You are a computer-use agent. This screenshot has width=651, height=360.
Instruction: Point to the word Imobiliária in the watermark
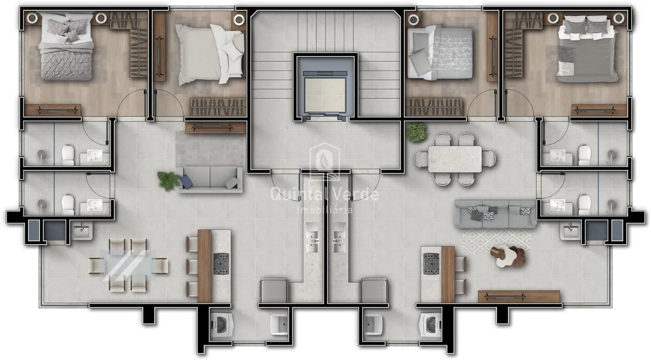[x=324, y=209]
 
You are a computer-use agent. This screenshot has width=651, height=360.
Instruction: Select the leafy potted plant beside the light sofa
[x=169, y=181]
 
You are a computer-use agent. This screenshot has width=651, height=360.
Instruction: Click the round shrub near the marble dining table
[x=417, y=132]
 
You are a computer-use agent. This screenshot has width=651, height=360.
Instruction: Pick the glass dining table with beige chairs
[x=128, y=265]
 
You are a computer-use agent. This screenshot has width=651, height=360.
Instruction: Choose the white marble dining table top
[x=455, y=159]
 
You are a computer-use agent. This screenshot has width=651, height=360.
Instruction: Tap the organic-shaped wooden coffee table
[x=508, y=257]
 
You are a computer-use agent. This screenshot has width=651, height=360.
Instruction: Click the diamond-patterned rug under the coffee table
[x=496, y=242]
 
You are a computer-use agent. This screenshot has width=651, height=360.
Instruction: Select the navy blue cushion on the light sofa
[x=186, y=182]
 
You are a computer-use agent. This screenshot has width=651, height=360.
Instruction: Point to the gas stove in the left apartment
[x=221, y=264]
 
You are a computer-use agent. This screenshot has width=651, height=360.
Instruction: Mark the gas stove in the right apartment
[x=431, y=264]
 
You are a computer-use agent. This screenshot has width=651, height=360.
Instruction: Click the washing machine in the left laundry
[x=221, y=324]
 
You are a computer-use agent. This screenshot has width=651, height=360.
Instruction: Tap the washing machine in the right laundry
[x=430, y=324]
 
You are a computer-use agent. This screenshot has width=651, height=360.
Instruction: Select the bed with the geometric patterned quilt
[x=66, y=46]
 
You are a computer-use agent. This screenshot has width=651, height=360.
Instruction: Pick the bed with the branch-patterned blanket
[x=440, y=52]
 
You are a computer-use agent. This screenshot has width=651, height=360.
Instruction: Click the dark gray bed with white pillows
[x=587, y=49]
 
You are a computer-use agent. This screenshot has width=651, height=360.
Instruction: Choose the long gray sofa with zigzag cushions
[x=495, y=214]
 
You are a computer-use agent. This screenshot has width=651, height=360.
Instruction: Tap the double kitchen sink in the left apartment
[x=312, y=237]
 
